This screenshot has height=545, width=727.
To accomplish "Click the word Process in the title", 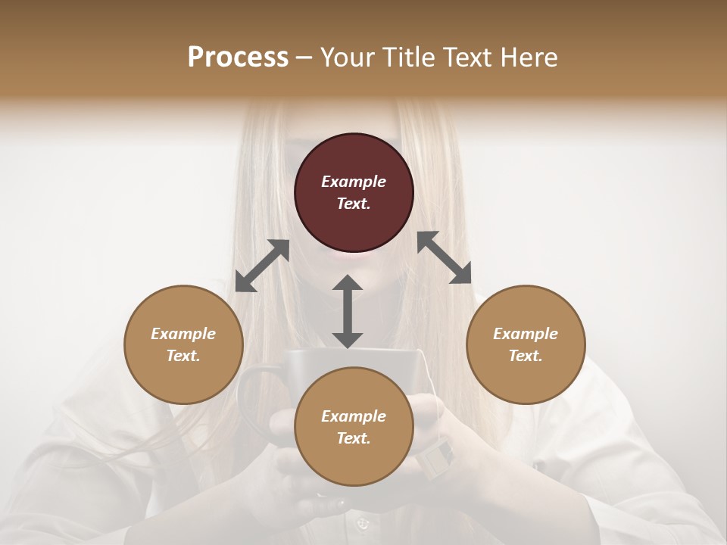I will click(x=238, y=58).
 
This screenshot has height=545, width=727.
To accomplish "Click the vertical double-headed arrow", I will click(x=348, y=311).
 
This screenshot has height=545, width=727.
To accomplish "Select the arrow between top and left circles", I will click(x=262, y=266).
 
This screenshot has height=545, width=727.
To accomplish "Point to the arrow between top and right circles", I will click(x=445, y=257).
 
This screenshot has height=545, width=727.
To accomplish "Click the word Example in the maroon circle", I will click(x=354, y=182).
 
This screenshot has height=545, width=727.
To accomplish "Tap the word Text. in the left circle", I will click(x=183, y=356).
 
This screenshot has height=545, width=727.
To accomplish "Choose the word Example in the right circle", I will click(x=526, y=334).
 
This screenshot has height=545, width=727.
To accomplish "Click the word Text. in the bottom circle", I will click(x=354, y=438).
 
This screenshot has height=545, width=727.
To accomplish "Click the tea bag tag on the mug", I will click(x=437, y=456).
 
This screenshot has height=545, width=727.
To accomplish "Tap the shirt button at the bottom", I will click(x=362, y=523).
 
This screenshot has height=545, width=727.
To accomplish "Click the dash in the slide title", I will click(x=304, y=58).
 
